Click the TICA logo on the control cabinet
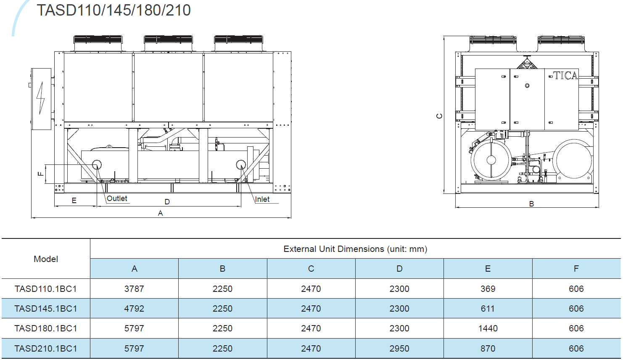pyautogui.click(x=565, y=76)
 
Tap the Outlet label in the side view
pyautogui.click(x=117, y=199)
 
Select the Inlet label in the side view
pyautogui.click(x=262, y=199)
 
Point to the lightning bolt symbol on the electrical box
pyautogui.click(x=41, y=98)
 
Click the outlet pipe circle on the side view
pyautogui.click(x=97, y=165)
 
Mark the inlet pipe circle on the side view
pyautogui.click(x=241, y=165)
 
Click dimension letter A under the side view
pyautogui.click(x=160, y=213)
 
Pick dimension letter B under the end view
pyautogui.click(x=531, y=204)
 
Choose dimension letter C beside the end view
pyautogui.click(x=439, y=116)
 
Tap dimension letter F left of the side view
pyautogui.click(x=41, y=174)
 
